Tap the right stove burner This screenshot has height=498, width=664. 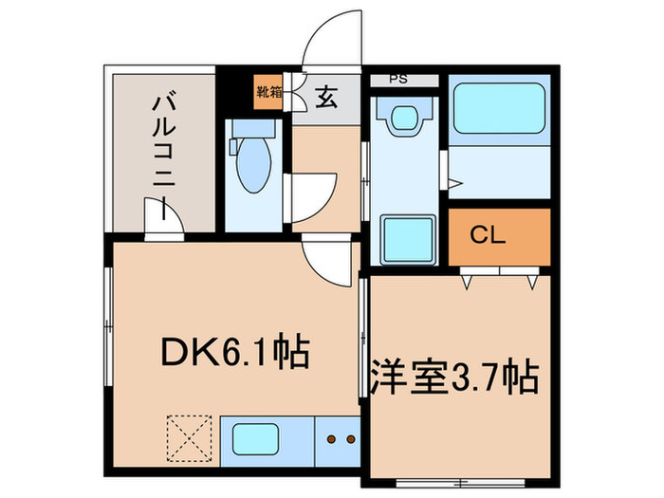[348, 439]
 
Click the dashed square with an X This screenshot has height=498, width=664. [188, 437]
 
